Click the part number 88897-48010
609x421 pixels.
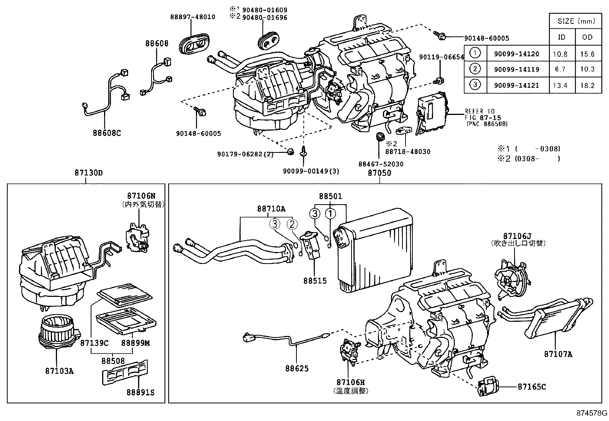pyautogui.click(x=192, y=17)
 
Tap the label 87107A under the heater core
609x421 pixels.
pyautogui.click(x=558, y=354)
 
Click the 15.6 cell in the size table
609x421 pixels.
pyautogui.click(x=587, y=54)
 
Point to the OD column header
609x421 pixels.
pyautogui.click(x=587, y=37)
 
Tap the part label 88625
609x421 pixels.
pyautogui.click(x=296, y=369)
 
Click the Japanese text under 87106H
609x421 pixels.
pyautogui.click(x=351, y=391)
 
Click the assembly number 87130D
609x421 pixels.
pyautogui.click(x=88, y=173)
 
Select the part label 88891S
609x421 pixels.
pyautogui.click(x=140, y=393)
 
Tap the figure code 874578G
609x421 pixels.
pyautogui.click(x=592, y=413)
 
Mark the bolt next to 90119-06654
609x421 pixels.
pyautogui.click(x=440, y=81)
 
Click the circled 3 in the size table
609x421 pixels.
pyautogui.click(x=475, y=84)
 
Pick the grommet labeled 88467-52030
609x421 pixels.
pyautogui.click(x=380, y=137)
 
